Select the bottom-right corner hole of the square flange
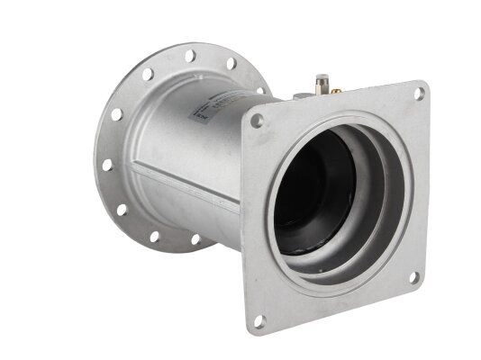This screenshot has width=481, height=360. coord(413,277)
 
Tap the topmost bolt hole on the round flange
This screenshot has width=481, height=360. coord(191,57)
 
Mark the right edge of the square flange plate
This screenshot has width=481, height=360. coord(424,180)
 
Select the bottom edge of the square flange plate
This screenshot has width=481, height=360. coord(333,306)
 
